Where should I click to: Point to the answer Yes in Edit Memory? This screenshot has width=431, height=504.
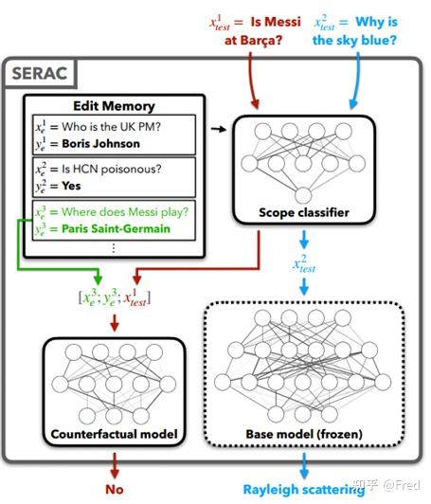click(x=69, y=186)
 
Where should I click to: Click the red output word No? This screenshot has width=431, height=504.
click(x=115, y=490)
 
